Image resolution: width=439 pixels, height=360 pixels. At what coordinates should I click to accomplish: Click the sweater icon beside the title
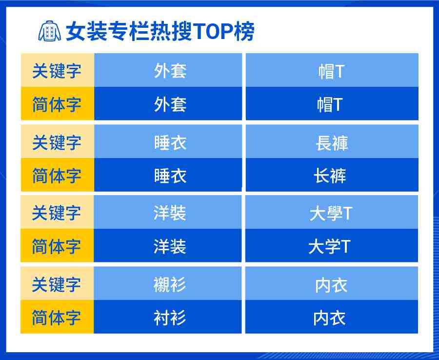click(50, 31)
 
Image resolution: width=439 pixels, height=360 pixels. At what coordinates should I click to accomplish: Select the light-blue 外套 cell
click(168, 70)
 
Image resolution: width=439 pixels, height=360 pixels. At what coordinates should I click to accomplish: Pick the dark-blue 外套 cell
click(168, 103)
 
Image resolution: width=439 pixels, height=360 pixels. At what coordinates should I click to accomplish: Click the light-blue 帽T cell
click(332, 70)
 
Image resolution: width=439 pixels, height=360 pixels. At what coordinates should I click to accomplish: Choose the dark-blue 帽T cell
click(332, 103)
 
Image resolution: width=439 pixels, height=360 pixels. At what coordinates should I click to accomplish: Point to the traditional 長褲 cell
click(332, 141)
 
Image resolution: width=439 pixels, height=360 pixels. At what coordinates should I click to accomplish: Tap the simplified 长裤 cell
click(332, 175)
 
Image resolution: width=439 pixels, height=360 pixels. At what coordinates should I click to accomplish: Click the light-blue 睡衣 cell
click(168, 141)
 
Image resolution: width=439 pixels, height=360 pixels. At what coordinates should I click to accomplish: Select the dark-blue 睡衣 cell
click(168, 175)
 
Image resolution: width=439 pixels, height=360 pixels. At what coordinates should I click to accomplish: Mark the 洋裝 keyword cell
click(168, 212)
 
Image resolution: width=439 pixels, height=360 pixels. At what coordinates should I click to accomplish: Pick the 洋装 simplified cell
click(168, 246)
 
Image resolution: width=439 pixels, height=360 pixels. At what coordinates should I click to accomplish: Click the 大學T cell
click(332, 212)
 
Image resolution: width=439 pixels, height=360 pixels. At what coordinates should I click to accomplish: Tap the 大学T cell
click(332, 246)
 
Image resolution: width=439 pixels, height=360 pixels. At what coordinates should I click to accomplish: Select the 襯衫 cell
click(168, 283)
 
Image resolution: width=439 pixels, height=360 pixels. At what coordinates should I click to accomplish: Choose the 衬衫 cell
click(168, 317)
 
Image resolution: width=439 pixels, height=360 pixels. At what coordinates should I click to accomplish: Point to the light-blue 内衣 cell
click(332, 283)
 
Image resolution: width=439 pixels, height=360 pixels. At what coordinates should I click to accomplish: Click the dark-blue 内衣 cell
click(332, 317)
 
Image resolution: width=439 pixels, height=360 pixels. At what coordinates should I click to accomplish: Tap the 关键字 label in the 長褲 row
click(57, 142)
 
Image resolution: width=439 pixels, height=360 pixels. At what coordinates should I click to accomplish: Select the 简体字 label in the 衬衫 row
click(56, 318)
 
